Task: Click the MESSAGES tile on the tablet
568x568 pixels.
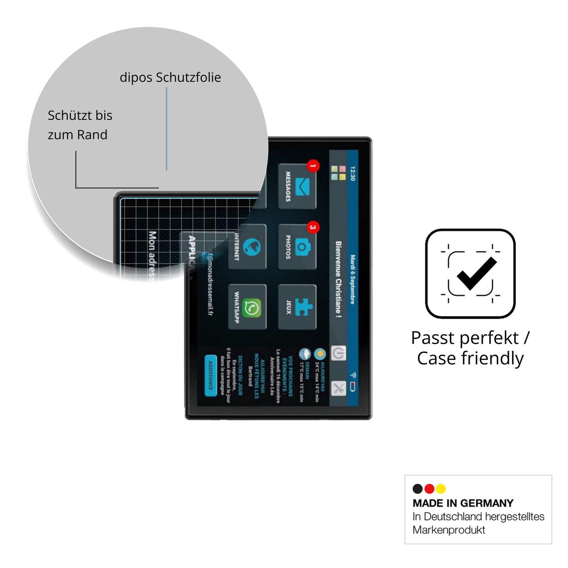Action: click(x=297, y=186)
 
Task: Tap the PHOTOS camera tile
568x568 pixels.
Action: click(x=297, y=247)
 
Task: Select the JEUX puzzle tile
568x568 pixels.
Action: click(x=297, y=307)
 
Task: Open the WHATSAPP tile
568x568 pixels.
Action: click(x=247, y=307)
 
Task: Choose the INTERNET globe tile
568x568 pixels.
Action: click(x=247, y=247)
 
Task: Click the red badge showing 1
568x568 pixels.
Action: click(x=313, y=166)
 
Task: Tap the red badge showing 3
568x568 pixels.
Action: click(x=313, y=227)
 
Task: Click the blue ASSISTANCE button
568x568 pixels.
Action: click(x=211, y=375)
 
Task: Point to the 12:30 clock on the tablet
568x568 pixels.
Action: click(x=353, y=173)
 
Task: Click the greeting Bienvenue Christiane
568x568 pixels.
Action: click(x=338, y=279)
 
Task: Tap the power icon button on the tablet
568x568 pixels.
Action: click(x=338, y=353)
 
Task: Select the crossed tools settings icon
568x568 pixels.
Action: click(x=338, y=388)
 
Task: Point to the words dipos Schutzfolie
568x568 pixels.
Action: click(x=170, y=77)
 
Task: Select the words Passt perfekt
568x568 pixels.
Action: click(x=465, y=338)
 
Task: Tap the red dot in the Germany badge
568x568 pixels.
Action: click(x=429, y=489)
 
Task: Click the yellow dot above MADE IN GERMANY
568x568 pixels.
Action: click(x=441, y=489)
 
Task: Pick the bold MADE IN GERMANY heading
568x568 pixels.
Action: click(x=463, y=503)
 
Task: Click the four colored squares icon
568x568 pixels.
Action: click(x=338, y=173)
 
